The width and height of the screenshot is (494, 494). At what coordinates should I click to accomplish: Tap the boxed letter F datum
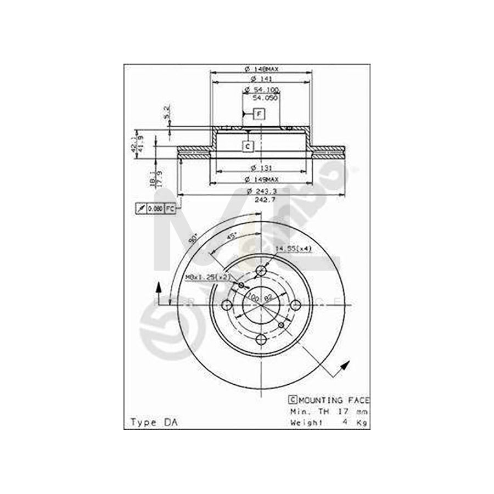coord(259,114)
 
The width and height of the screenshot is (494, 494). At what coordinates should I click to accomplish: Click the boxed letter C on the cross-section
coord(248,146)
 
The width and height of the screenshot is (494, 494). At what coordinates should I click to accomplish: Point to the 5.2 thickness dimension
coord(167,112)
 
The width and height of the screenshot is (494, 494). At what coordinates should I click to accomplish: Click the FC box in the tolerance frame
coord(170,209)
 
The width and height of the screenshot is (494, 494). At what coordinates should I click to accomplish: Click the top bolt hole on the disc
coord(261,272)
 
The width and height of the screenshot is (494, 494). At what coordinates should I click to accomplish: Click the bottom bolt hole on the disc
coord(261,340)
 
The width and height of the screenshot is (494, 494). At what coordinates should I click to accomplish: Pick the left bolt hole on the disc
coord(227,306)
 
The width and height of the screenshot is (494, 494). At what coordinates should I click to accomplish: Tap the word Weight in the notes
coord(307,422)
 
